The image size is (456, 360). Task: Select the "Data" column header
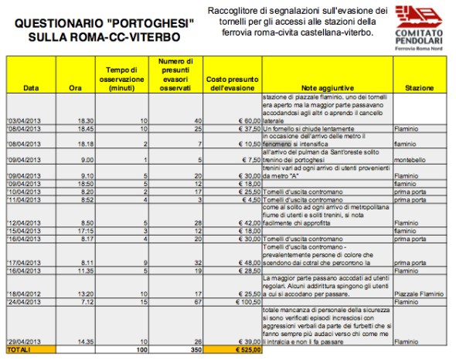coord(30,88)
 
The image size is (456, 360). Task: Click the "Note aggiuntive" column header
coord(327,88)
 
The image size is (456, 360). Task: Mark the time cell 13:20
coord(84,294)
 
